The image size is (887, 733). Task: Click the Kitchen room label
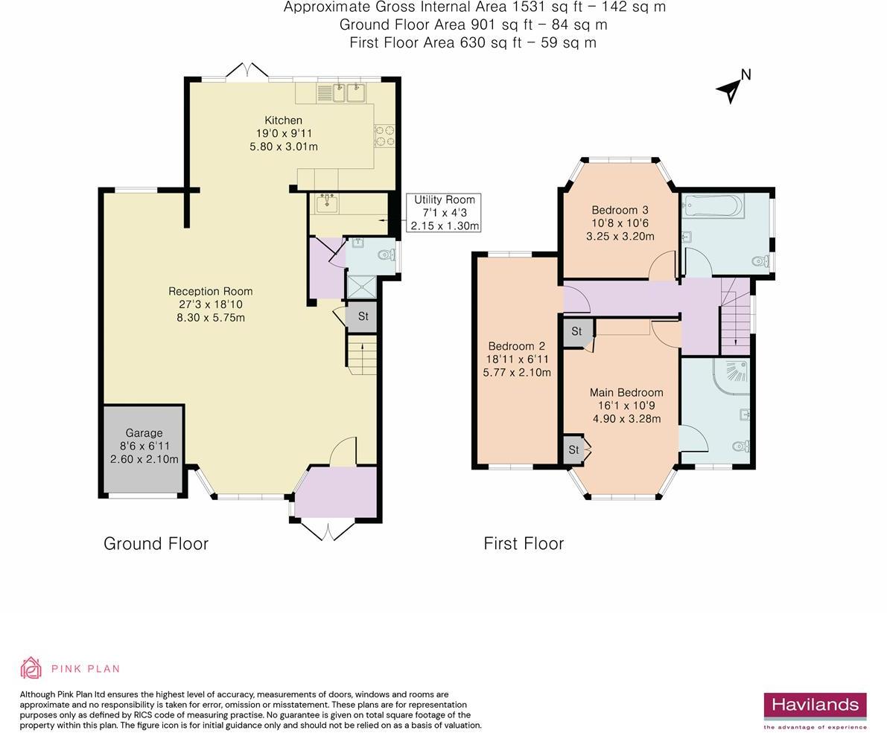pyautogui.click(x=284, y=121)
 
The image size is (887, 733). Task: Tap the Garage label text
pyautogui.click(x=144, y=433)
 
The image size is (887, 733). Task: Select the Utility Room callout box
pyautogui.click(x=445, y=213)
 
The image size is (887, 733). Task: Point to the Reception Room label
pyautogui.click(x=211, y=291)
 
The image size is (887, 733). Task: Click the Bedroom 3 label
pyautogui.click(x=620, y=210)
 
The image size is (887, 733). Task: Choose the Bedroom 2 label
pyautogui.click(x=516, y=346)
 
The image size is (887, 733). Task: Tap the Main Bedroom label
pyautogui.click(x=626, y=392)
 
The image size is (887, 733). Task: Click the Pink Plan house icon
pyautogui.click(x=31, y=668)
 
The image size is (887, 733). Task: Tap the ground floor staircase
pyautogui.click(x=362, y=354)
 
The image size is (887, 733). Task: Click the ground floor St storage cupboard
pyautogui.click(x=362, y=316)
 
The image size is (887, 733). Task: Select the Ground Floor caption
pyautogui.click(x=156, y=544)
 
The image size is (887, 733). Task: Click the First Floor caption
pyautogui.click(x=524, y=544)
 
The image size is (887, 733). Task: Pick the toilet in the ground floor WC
pyautogui.click(x=387, y=255)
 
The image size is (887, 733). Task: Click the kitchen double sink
pyautogui.click(x=348, y=93)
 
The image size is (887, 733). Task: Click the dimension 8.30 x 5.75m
pyautogui.click(x=211, y=318)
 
